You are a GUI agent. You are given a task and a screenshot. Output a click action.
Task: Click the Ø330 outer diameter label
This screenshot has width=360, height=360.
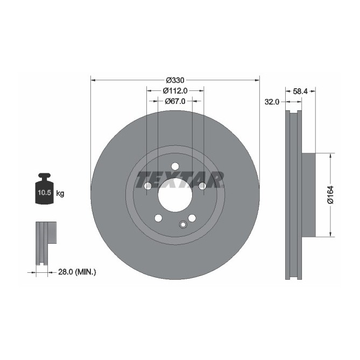click(x=174, y=80)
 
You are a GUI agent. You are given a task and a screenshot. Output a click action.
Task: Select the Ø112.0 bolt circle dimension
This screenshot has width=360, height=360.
click(x=174, y=90)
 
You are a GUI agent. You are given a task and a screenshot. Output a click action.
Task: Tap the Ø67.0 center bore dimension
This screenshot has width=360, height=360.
click(x=174, y=101)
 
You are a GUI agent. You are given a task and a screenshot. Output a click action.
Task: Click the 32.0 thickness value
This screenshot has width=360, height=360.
click(x=272, y=102)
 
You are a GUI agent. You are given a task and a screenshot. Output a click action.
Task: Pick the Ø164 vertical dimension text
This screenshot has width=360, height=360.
click(x=331, y=194)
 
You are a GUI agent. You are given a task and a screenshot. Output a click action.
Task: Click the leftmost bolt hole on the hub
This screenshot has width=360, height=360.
click(x=147, y=186)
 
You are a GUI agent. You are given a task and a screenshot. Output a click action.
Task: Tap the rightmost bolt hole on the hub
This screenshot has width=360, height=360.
click(x=202, y=186)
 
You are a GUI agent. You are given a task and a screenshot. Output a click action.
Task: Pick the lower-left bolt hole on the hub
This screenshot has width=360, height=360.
click(x=158, y=217)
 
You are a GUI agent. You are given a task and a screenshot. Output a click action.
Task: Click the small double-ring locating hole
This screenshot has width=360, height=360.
click(x=183, y=224)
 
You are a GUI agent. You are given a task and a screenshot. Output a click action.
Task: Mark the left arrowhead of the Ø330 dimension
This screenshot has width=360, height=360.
click(x=93, y=80)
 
